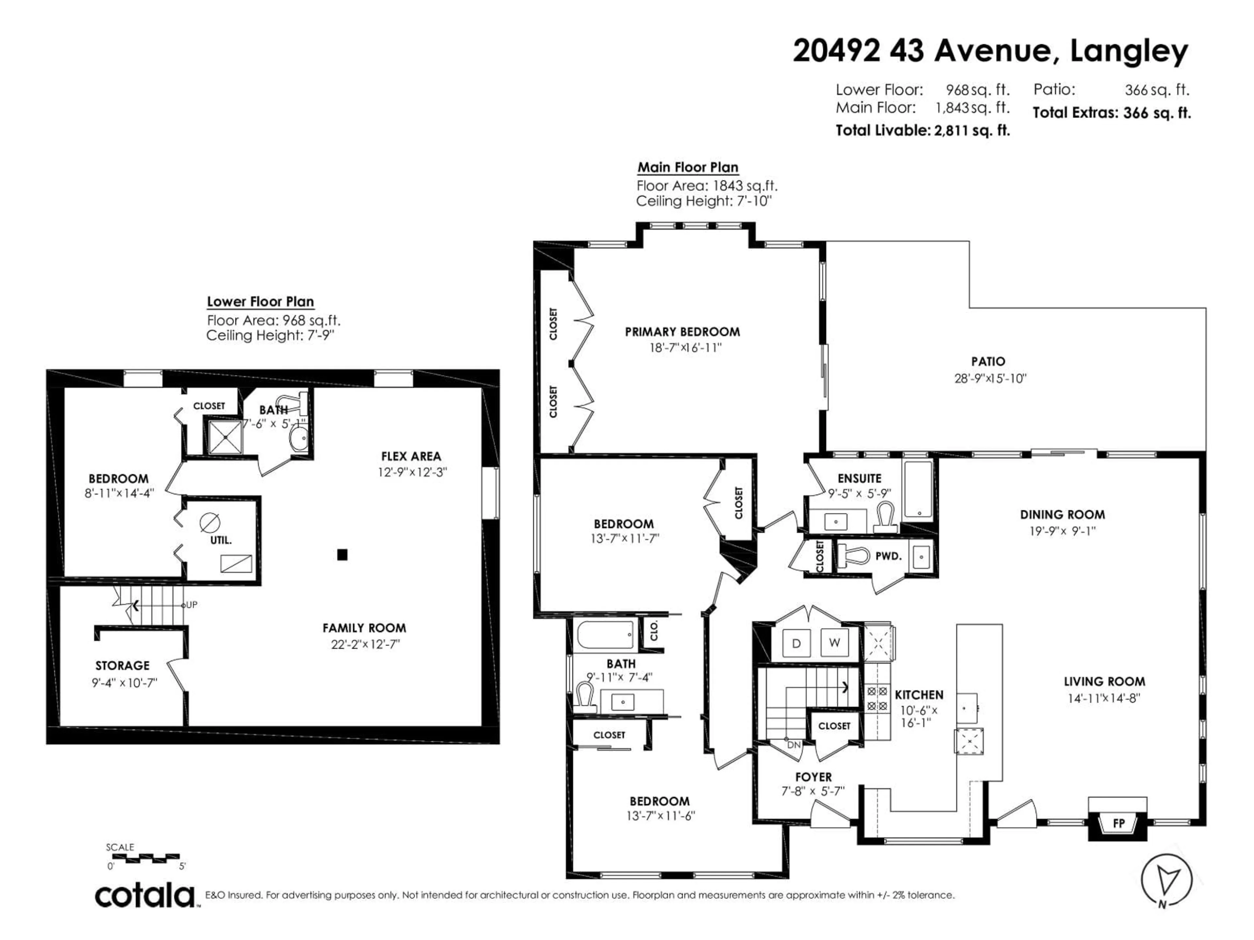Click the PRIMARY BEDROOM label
(682, 332)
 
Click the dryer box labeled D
(796, 643)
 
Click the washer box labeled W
(834, 643)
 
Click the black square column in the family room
(342, 555)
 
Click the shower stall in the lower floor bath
(225, 436)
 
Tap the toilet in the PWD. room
(854, 555)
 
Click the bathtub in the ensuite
(918, 489)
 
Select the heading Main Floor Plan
(688, 167)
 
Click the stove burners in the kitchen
(877, 698)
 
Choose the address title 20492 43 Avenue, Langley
(990, 51)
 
